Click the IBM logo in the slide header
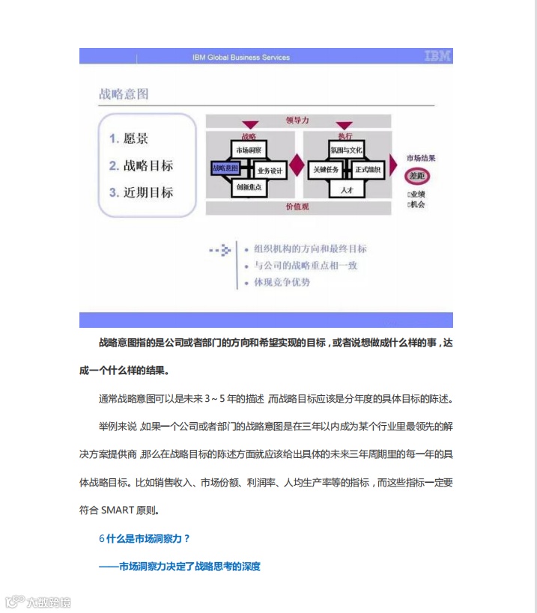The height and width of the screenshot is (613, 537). coord(437,56)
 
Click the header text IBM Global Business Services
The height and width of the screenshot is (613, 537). coord(240,57)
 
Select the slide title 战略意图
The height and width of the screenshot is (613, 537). coord(124,94)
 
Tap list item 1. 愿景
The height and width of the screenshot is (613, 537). coord(128,138)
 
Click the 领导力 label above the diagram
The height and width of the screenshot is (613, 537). coord(297,120)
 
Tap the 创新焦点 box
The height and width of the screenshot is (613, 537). coord(248,188)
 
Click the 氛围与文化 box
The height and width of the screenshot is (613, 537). coord(346,150)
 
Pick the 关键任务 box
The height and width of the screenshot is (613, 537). coord(327,170)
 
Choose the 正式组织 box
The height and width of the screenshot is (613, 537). coord(368,170)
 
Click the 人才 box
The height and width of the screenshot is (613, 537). coord(346,190)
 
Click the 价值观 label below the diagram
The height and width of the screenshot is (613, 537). coord(297,207)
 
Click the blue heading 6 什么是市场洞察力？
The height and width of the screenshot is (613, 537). coord(145,538)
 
